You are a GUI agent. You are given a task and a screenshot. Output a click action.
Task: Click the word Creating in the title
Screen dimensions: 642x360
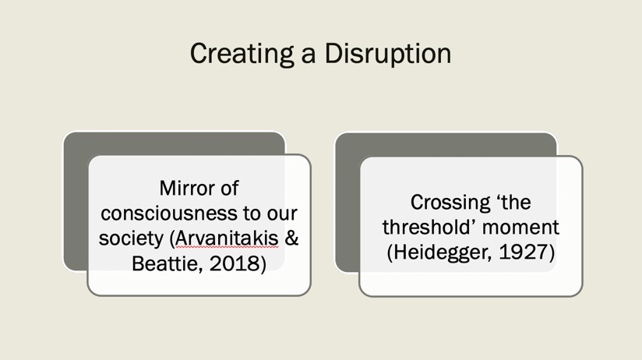tap(242, 54)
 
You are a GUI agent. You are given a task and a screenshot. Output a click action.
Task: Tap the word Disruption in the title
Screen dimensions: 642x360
tap(388, 54)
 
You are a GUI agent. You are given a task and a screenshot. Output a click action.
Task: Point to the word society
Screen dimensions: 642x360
tap(131, 238)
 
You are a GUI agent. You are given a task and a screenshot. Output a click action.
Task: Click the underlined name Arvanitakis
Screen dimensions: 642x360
tap(227, 238)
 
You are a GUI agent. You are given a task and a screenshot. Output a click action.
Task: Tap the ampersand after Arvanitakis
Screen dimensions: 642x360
tap(291, 238)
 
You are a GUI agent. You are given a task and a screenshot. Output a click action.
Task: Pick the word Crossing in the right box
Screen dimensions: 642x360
tap(450, 203)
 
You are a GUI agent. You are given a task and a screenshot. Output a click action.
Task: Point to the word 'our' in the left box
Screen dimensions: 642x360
tap(282, 214)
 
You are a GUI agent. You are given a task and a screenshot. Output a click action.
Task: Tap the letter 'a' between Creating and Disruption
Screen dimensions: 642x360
tap(309, 55)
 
